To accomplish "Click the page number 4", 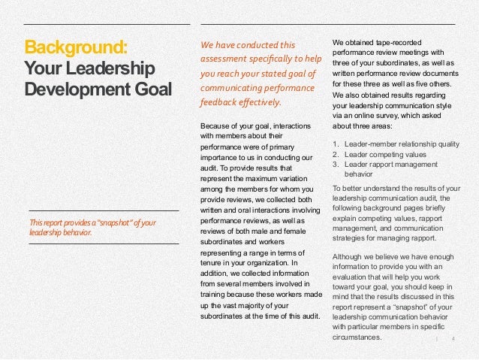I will pyautogui.click(x=453, y=338).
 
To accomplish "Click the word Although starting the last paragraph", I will pyautogui.click(x=348, y=257).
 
